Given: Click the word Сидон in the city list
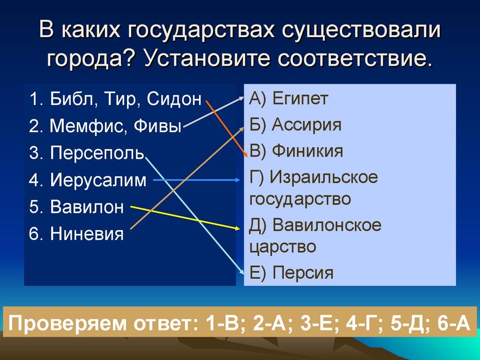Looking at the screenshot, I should click(174, 100).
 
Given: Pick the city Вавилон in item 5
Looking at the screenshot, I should click(87, 207).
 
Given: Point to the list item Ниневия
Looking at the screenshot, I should click(87, 233).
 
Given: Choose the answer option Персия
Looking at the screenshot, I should click(303, 272).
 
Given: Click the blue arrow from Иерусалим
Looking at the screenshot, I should click(197, 180).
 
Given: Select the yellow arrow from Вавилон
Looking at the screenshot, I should click(187, 217).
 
